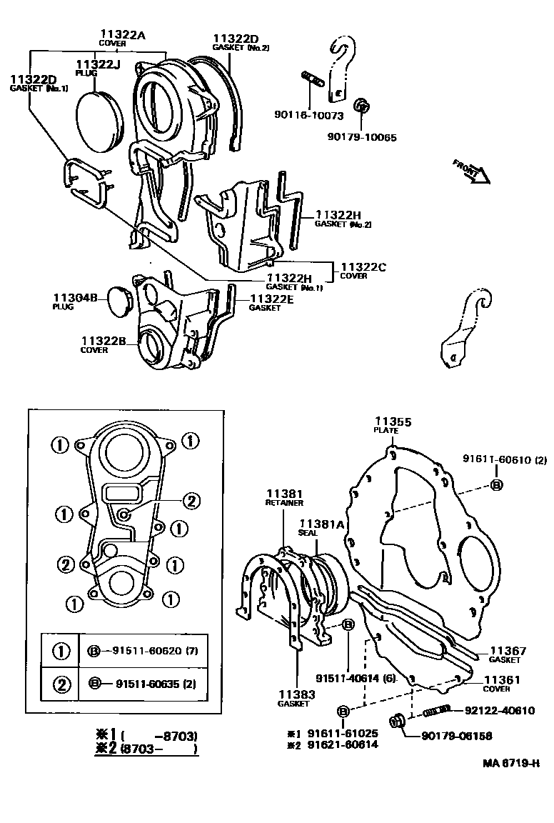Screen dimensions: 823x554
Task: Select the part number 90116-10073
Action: [308, 115]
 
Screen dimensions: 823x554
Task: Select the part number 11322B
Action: [104, 341]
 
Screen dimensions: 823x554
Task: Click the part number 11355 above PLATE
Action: [393, 422]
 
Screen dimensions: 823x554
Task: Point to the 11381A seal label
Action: [321, 524]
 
